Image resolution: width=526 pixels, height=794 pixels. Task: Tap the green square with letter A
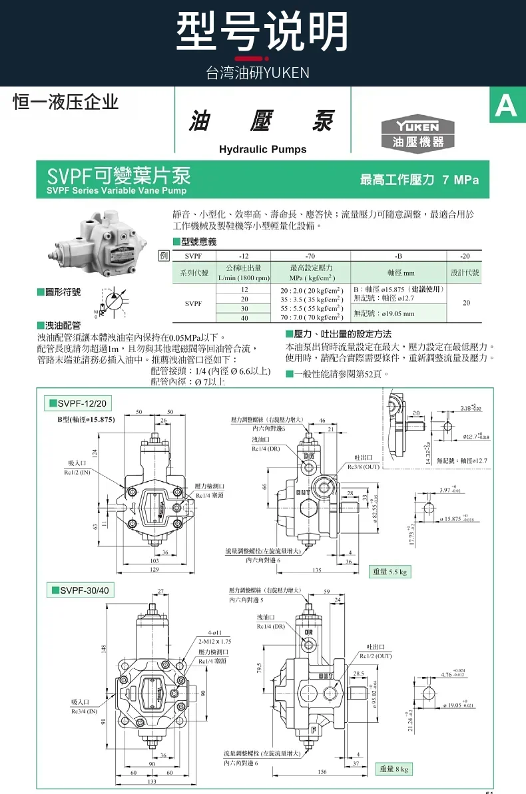pyautogui.click(x=506, y=106)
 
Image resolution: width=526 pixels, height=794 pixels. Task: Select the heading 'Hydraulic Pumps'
pyautogui.click(x=263, y=149)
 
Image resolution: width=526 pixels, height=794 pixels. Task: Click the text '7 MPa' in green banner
pyautogui.click(x=461, y=180)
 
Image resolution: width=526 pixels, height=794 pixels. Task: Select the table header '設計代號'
pyautogui.click(x=465, y=273)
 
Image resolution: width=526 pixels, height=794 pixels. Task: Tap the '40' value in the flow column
pyautogui.click(x=244, y=318)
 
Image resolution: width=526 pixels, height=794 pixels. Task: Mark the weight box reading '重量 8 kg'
pyautogui.click(x=394, y=769)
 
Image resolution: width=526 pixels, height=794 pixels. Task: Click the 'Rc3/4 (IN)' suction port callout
pyautogui.click(x=84, y=711)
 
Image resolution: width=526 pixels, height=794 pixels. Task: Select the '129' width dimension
pyautogui.click(x=154, y=570)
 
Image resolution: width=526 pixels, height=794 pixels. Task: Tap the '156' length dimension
pyautogui.click(x=322, y=772)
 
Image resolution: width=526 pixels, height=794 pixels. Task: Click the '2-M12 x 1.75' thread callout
pyautogui.click(x=215, y=641)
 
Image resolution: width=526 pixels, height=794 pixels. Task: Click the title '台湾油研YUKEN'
pyautogui.click(x=258, y=73)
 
